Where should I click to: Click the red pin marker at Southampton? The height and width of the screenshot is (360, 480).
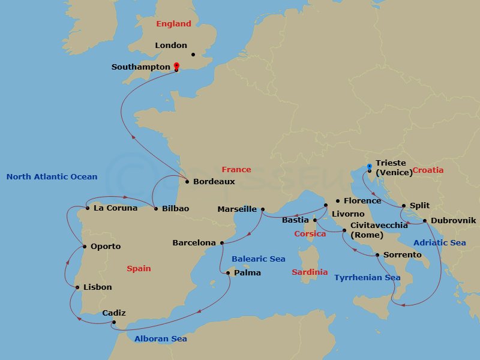176,67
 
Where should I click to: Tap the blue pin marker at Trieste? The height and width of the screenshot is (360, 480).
369,167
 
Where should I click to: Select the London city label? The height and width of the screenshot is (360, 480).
171,45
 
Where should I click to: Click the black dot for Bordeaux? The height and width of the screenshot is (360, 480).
187,181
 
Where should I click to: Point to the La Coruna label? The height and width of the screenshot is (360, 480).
115,208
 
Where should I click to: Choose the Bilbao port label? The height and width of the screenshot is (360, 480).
175,208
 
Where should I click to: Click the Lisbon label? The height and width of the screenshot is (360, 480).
97,287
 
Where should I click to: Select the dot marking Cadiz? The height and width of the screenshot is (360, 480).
114,322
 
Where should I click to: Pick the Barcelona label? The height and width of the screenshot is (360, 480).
194,243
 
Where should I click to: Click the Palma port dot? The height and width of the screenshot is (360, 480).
228,273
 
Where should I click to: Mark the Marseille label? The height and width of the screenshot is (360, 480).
237,209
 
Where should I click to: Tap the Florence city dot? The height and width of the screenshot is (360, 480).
338,201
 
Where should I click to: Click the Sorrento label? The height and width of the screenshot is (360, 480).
403,255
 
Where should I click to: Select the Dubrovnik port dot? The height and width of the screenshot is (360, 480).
425,221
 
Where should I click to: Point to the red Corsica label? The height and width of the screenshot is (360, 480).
310,233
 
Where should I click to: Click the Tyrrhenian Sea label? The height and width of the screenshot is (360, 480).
367,278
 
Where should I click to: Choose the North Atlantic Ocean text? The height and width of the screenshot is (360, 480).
52,176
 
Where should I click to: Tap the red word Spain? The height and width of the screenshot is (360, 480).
139,268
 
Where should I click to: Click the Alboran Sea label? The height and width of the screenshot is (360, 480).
160,338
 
